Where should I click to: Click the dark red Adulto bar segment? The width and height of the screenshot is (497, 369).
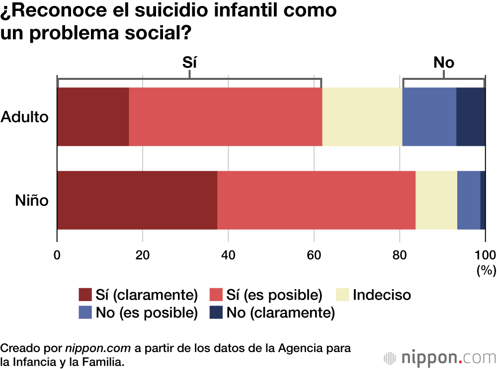pyautogui.click(x=93, y=117)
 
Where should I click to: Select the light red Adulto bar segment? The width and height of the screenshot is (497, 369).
pyautogui.click(x=226, y=117)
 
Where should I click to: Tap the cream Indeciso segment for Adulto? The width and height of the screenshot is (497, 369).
pyautogui.click(x=362, y=117)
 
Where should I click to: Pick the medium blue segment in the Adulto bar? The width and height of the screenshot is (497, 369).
pyautogui.click(x=429, y=117)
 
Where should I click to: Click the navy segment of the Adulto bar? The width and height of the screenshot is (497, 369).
pyautogui.click(x=471, y=117)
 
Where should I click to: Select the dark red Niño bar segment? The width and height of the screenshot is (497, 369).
pyautogui.click(x=137, y=200)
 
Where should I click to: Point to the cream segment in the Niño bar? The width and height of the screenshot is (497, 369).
pyautogui.click(x=436, y=200)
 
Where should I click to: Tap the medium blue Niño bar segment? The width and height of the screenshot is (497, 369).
pyautogui.click(x=469, y=200)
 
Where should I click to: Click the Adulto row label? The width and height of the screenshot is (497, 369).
pyautogui.click(x=25, y=117)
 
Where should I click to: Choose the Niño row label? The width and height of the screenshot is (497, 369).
pyautogui.click(x=31, y=201)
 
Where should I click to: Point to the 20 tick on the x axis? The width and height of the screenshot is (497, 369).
pyautogui.click(x=143, y=255)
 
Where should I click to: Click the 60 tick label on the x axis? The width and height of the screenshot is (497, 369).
pyautogui.click(x=314, y=255)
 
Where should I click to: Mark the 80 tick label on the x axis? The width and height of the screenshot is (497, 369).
pyautogui.click(x=399, y=255)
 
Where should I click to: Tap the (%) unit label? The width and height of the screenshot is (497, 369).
pyautogui.click(x=486, y=270)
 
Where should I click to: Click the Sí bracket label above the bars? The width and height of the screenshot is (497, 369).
pyautogui.click(x=189, y=62)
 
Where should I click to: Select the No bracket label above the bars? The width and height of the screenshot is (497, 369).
pyautogui.click(x=444, y=62)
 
